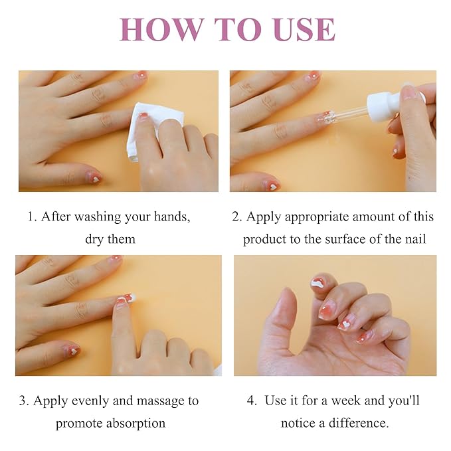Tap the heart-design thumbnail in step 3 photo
tap(72, 350)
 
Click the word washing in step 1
tap(98, 217)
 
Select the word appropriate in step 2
tap(317, 217)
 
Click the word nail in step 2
tap(416, 239)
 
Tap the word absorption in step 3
tap(135, 424)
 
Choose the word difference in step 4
tap(359, 423)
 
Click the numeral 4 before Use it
tap(250, 401)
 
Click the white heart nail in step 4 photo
tap(345, 323)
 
